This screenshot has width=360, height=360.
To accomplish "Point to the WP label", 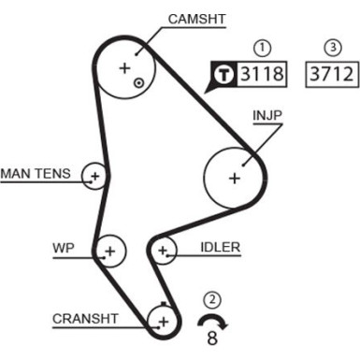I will [62, 249].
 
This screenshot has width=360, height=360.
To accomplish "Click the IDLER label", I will [221, 248].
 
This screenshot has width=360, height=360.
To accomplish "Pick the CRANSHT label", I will [85, 318].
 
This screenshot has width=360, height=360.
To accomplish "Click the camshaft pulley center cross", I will [124, 67].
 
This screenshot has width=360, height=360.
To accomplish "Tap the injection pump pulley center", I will [234, 177].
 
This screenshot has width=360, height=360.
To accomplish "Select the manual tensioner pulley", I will [94, 174].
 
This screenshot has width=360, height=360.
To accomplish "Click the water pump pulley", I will [110, 251].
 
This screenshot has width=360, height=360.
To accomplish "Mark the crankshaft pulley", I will [163, 321].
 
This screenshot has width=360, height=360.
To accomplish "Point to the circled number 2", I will [213, 300].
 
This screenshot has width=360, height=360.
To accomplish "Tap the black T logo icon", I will [224, 73].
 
